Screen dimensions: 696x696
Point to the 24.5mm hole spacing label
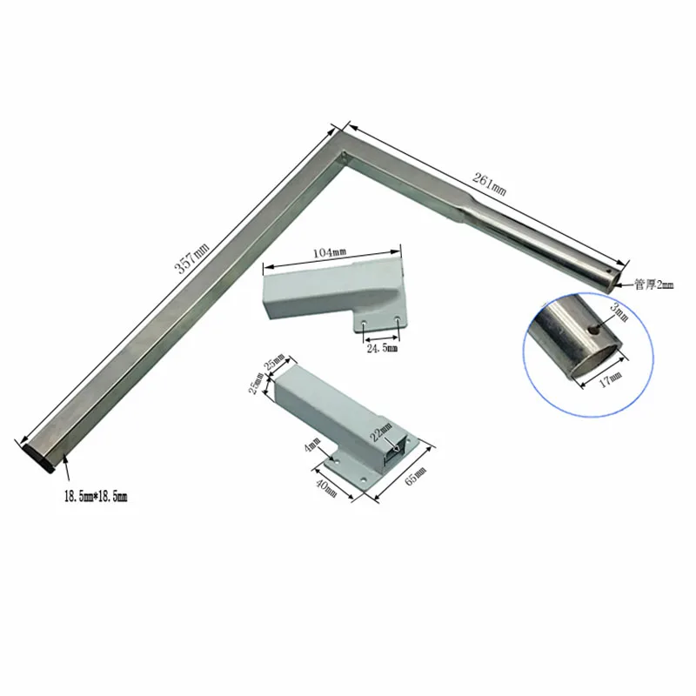click(379, 348)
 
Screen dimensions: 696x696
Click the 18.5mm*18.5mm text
click(95, 497)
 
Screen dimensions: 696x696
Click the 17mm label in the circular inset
click(612, 377)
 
